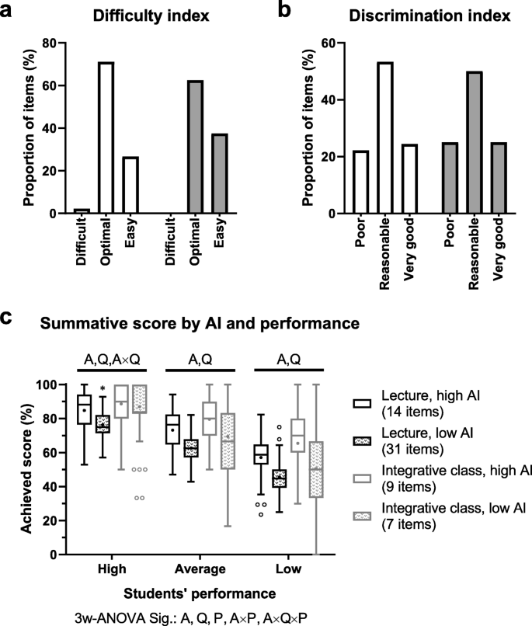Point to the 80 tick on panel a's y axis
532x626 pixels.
pyautogui.click(x=52, y=43)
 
